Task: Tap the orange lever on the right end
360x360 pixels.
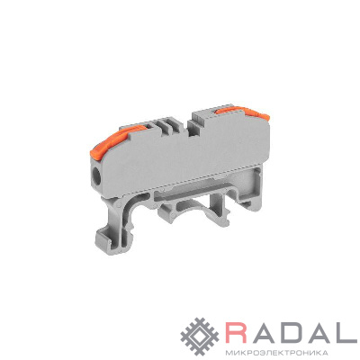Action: click(x=241, y=111)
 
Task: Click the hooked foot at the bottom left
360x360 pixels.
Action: click(x=112, y=236)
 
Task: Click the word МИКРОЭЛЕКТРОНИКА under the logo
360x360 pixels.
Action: click(x=274, y=352)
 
